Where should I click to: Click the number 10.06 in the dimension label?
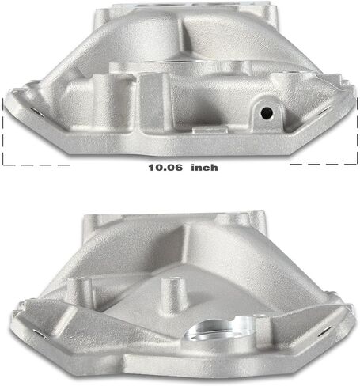[x=165, y=168]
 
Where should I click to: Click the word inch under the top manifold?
[x=204, y=168]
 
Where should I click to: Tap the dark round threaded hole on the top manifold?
[x=267, y=113]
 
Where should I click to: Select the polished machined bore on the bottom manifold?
[x=219, y=331]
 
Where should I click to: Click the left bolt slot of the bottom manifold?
[x=42, y=335]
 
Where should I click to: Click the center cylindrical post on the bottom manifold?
[x=174, y=296]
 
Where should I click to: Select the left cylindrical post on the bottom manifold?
[x=80, y=293]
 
